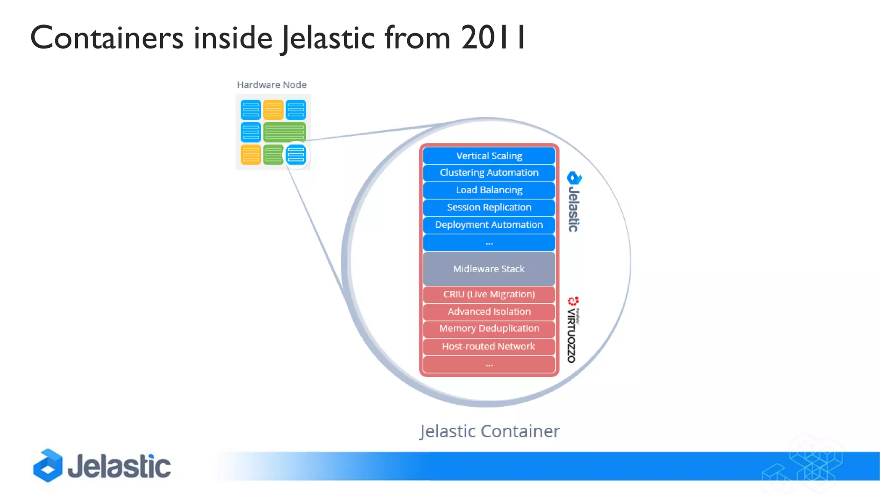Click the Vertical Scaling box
[489, 156]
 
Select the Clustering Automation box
[489, 173]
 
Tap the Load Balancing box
[489, 190]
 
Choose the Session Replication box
[489, 208]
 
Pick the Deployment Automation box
[489, 225]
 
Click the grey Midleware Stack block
[489, 269]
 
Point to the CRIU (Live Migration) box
[489, 294]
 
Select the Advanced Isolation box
[489, 312]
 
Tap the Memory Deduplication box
[489, 329]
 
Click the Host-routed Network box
[489, 346]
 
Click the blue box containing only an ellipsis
[489, 243]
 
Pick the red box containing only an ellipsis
[489, 364]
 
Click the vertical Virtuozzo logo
[573, 330]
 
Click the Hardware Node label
[272, 85]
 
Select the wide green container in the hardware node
[284, 132]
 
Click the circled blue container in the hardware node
[296, 155]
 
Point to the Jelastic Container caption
[489, 431]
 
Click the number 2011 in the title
[493, 38]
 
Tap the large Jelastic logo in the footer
[102, 466]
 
